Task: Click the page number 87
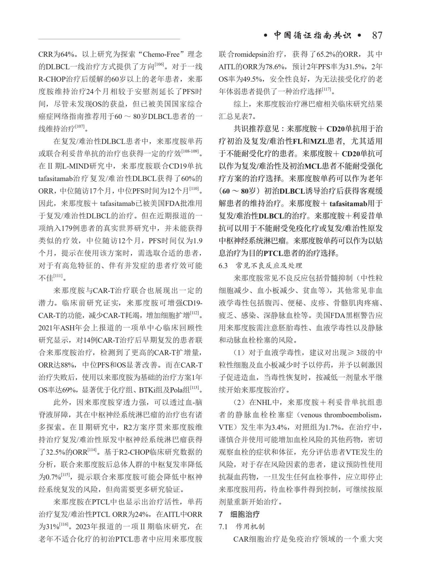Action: coord(377,36)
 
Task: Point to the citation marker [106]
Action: coord(159,65)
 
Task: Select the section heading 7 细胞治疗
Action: coord(240,514)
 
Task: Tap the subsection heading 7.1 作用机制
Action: coord(242,527)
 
